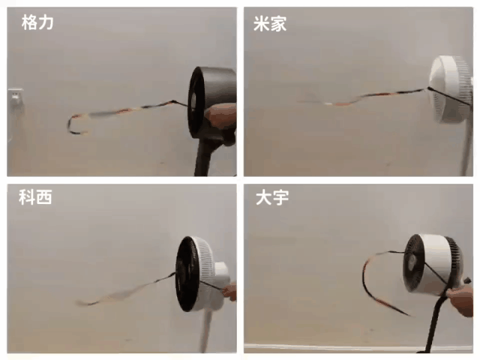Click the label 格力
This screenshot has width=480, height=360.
point(37,22)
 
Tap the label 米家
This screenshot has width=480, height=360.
point(270,23)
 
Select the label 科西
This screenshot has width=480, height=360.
point(35,196)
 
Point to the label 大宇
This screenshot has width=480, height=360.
point(272,197)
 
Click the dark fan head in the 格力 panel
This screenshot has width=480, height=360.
point(211,103)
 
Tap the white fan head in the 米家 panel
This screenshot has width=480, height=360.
point(451,89)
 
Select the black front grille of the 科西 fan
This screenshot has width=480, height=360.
point(187,274)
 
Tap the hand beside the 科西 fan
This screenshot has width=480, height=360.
point(230,291)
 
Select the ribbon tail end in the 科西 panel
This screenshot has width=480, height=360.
point(82,303)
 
